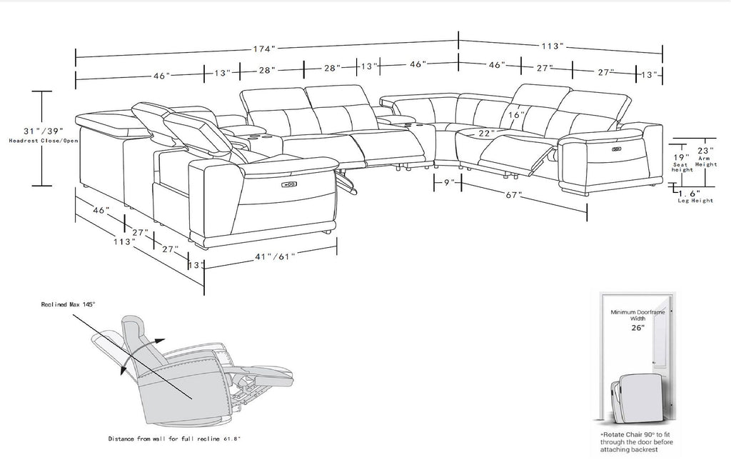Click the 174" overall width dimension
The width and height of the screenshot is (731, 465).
[x=264, y=49]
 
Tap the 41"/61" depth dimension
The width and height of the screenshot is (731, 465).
[x=275, y=256]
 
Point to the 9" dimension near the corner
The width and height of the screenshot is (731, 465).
[x=448, y=182]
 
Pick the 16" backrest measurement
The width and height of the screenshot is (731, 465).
[x=517, y=115]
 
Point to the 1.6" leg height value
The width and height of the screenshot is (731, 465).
[x=690, y=194]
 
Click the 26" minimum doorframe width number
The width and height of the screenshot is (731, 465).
[x=637, y=328]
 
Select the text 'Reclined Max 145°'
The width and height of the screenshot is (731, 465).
[x=68, y=304]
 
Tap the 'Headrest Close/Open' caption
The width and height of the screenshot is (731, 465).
[x=44, y=141]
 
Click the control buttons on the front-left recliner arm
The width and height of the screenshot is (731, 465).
[x=289, y=184]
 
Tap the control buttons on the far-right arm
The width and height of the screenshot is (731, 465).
[x=616, y=149]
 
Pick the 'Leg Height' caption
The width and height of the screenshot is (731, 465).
[x=695, y=201]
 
